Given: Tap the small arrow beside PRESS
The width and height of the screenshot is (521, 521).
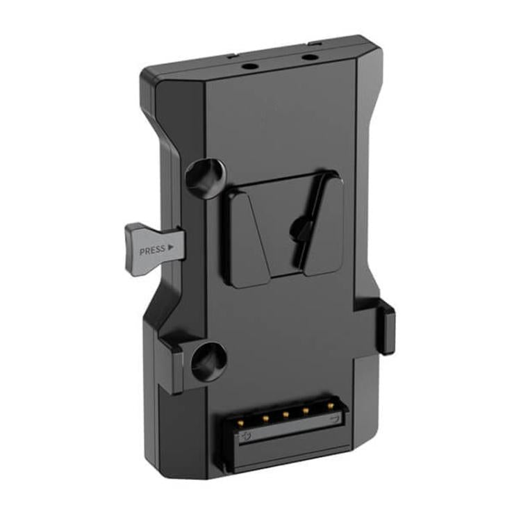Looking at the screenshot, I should (x=171, y=247).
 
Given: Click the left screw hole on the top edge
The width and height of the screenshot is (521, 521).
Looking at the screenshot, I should (x=249, y=65).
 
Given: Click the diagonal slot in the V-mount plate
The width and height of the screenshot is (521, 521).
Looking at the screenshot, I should (x=311, y=222).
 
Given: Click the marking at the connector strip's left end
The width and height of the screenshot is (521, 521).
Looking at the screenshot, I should (x=245, y=437).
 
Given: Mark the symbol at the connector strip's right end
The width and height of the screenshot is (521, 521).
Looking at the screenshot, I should (x=336, y=420).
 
